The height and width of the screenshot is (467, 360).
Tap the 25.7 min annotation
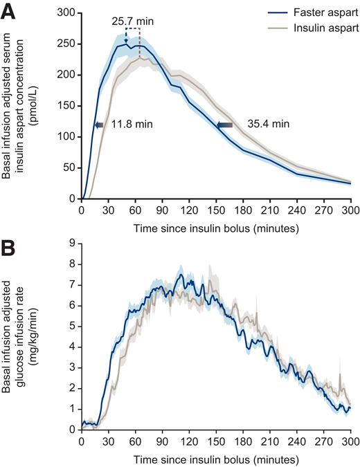point(132,21)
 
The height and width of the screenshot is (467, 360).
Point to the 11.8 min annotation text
point(129,125)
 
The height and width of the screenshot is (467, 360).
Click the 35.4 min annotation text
point(263,125)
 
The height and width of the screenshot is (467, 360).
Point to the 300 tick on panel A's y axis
point(69,12)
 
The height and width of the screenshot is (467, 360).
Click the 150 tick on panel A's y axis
point(69,106)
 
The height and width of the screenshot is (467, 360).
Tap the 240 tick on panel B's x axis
point(296,443)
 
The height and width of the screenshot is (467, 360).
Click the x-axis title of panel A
point(216,226)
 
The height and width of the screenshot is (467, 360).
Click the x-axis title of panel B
point(216,458)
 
